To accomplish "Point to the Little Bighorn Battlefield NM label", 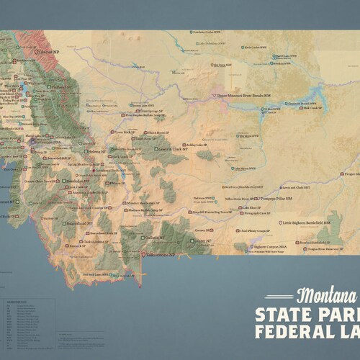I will (305, 224).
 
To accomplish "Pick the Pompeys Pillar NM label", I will (273, 197).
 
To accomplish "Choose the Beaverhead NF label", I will (79, 224).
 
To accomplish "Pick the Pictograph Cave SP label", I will (258, 214).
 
